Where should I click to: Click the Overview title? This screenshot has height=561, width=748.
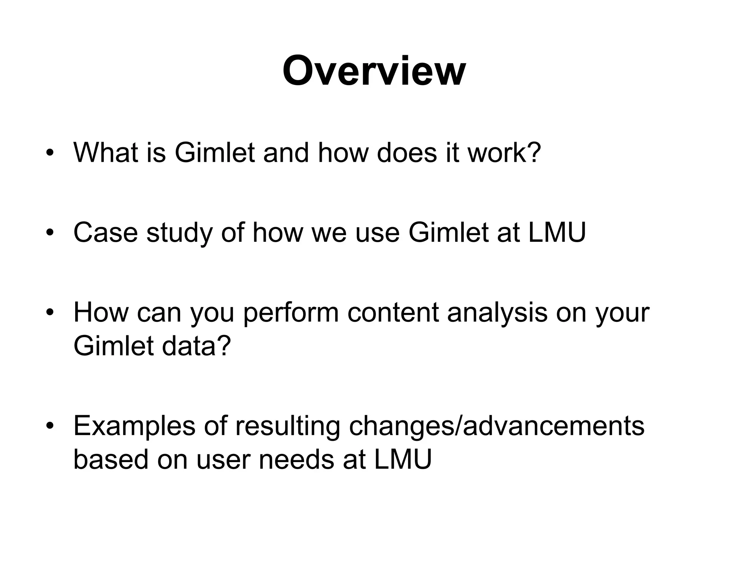click(x=374, y=71)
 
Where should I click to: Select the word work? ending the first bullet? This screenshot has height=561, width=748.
click(x=504, y=152)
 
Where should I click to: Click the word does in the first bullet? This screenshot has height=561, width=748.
click(x=407, y=152)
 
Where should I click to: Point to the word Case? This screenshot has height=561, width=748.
click(x=106, y=232)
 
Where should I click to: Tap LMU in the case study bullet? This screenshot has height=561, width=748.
click(x=557, y=232)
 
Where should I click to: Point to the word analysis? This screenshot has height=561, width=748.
click(x=497, y=313)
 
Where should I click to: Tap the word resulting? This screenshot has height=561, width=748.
click(x=287, y=427)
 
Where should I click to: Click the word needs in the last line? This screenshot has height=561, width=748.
click(x=296, y=459)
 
